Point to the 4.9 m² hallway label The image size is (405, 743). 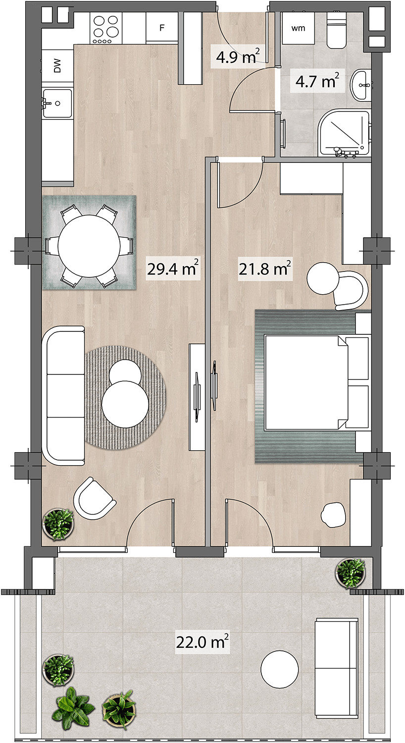point(238,57)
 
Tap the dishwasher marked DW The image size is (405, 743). point(57,66)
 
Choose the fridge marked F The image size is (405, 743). point(162,28)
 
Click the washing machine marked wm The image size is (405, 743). point(298,28)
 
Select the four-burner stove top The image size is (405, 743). point(106,28)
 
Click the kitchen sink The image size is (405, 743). point(57,103)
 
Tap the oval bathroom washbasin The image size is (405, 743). point(361,85)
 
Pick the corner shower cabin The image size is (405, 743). point(344,134)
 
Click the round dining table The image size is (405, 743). point(89,246)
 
